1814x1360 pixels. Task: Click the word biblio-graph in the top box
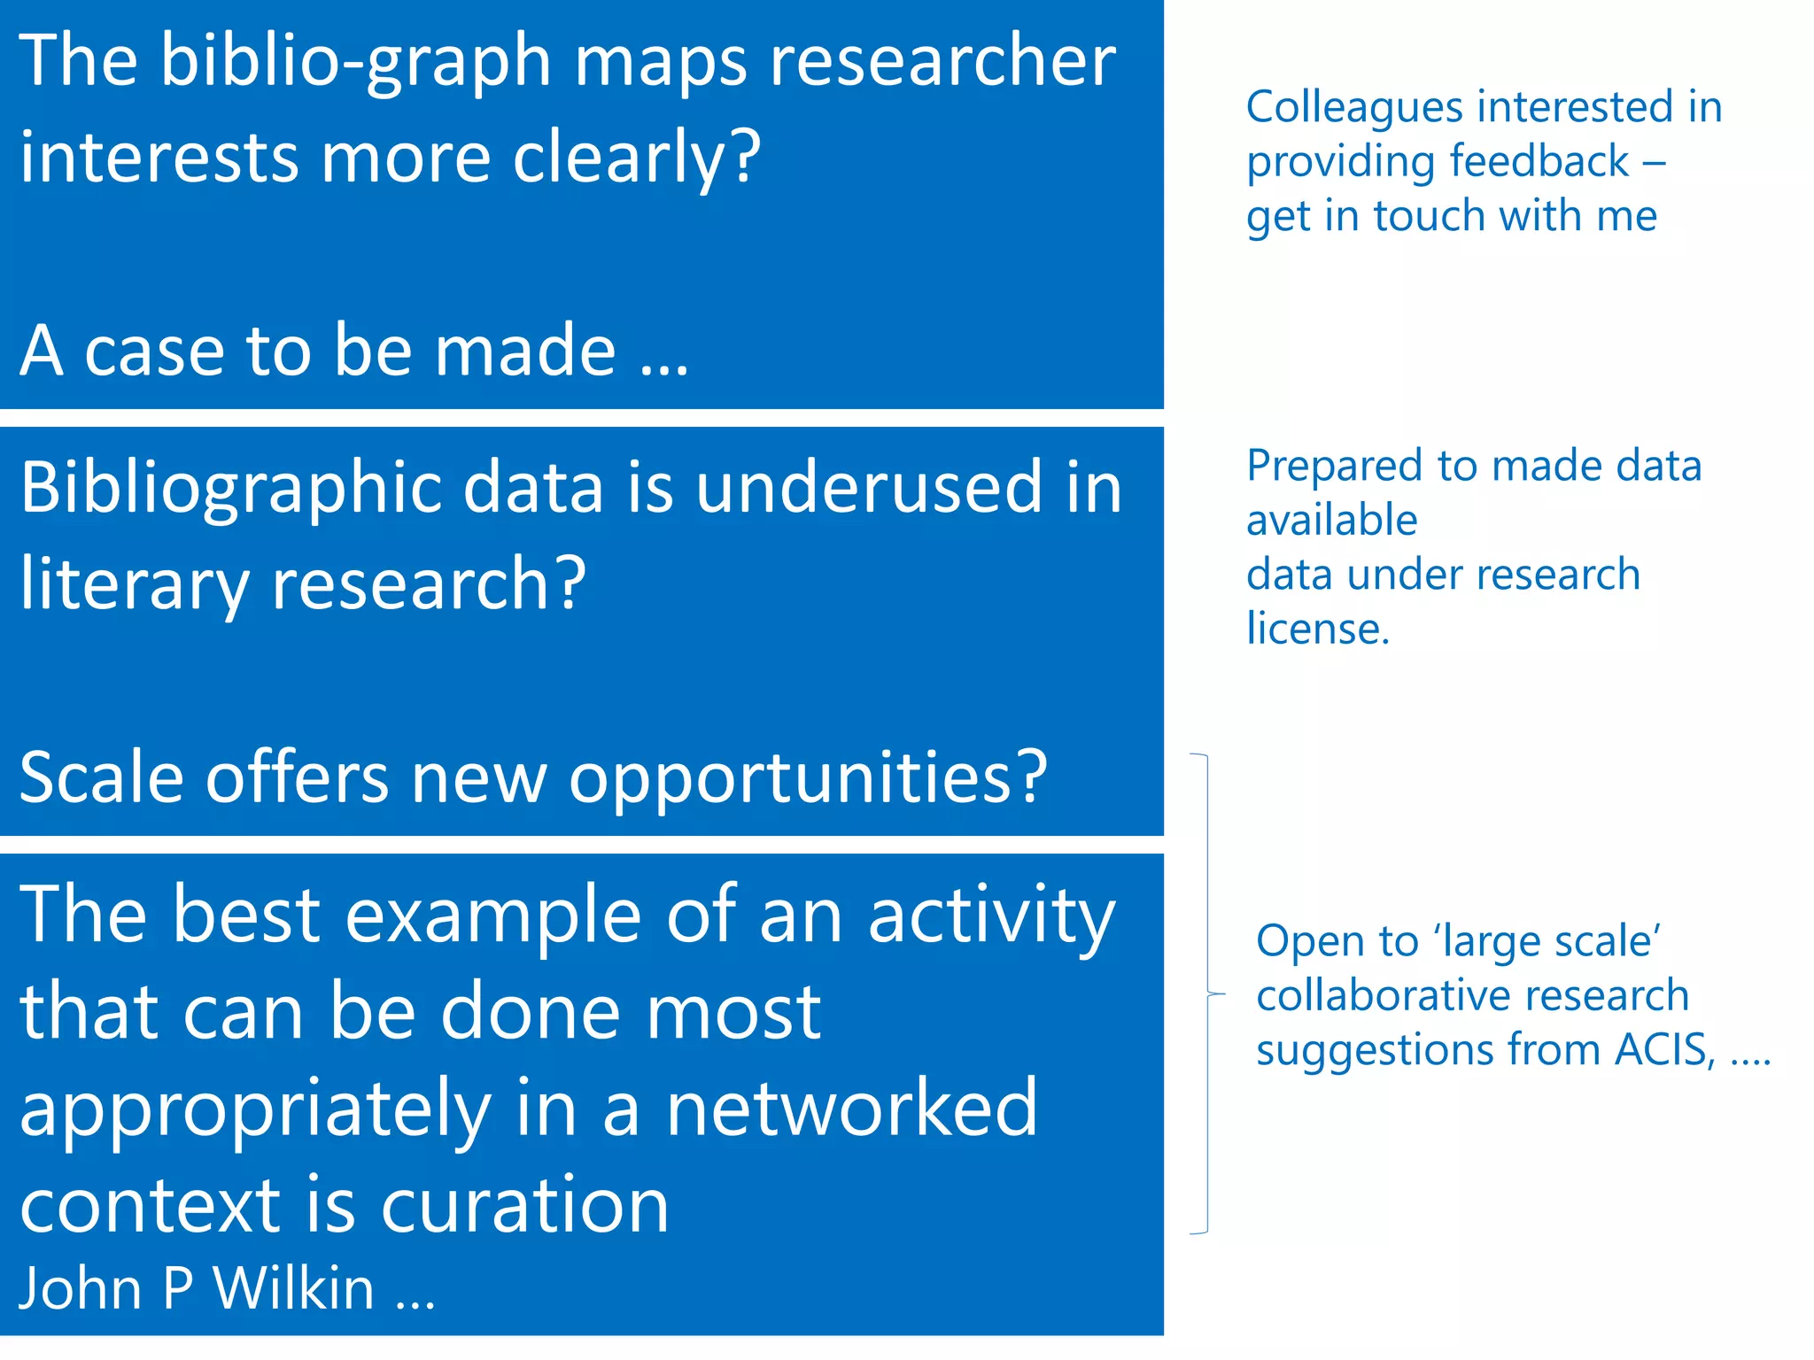pos(355,62)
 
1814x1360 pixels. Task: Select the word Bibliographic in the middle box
pos(230,490)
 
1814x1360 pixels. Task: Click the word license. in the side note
pos(1318,629)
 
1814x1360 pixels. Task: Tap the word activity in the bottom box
pos(991,916)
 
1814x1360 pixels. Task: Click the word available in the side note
pos(1331,520)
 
